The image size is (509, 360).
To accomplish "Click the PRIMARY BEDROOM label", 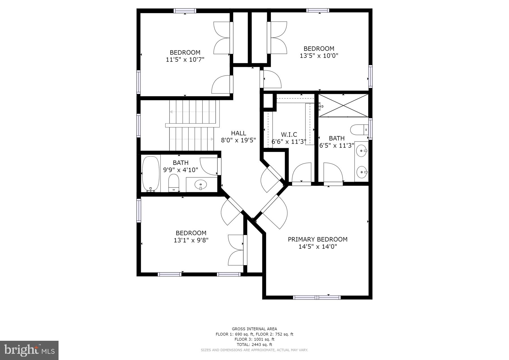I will [x=318, y=239].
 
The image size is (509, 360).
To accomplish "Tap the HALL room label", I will [x=238, y=133].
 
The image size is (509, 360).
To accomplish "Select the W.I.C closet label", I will [x=289, y=135].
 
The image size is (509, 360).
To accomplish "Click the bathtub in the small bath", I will [x=150, y=173].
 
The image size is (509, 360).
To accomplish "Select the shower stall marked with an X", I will [x=343, y=105].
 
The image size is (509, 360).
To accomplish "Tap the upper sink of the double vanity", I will [x=361, y=151].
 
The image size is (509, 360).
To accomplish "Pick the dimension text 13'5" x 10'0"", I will [x=319, y=56].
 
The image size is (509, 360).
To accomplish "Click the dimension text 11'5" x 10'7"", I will [x=185, y=60].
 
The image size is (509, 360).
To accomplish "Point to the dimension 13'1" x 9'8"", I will [x=191, y=240].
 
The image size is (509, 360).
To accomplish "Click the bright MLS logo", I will [x=29, y=350].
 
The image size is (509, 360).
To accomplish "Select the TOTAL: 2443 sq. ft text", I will [x=254, y=344].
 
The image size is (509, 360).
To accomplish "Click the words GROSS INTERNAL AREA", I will [x=254, y=329].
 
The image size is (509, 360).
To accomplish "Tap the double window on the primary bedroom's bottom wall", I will [x=317, y=297].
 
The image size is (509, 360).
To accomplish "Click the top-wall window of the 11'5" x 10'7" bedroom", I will [x=185, y=11].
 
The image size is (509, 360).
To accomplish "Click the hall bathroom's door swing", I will [x=209, y=166].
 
